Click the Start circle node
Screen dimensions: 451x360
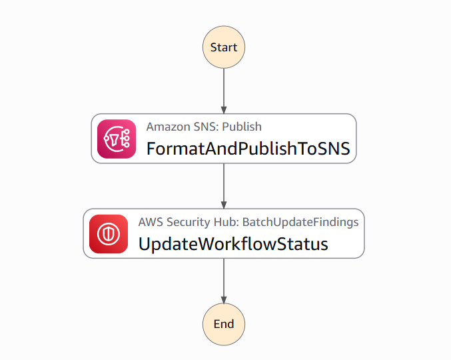224,47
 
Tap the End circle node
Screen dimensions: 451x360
224,324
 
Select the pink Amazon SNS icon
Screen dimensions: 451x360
117,139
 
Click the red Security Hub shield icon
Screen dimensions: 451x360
109,234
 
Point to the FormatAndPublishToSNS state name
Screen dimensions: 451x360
248,149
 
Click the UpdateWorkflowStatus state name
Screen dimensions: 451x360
233,244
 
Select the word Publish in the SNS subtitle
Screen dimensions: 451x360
242,127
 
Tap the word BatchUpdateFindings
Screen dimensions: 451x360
300,222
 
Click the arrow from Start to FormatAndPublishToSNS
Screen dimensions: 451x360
224,91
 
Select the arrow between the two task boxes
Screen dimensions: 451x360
224,186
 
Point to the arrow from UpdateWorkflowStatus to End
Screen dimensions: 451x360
224,281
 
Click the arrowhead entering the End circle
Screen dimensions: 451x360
224,300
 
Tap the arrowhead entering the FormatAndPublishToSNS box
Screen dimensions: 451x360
224,110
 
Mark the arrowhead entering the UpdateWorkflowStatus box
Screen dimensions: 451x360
224,205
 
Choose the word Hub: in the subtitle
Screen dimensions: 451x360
226,222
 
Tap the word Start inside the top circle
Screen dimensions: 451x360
224,47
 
